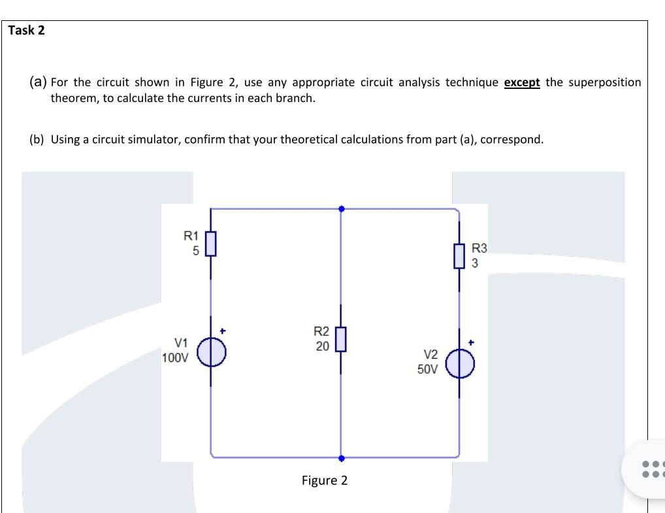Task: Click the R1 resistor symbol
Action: tap(210, 244)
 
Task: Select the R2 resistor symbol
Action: tap(340, 339)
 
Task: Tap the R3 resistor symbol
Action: tap(459, 256)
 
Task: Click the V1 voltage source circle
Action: tap(211, 352)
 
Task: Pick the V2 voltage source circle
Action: tap(460, 364)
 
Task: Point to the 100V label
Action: tap(175, 358)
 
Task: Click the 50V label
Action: tap(429, 369)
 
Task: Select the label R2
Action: tap(321, 332)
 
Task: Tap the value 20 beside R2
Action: tap(322, 346)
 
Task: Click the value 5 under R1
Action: tap(195, 250)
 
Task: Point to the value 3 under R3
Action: tap(475, 263)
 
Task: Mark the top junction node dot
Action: tap(341, 209)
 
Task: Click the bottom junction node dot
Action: tap(341, 458)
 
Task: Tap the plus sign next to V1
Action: tap(223, 331)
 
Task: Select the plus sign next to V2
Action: tap(471, 342)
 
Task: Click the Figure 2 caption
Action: tap(325, 481)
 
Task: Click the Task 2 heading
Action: tap(27, 30)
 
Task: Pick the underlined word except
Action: tap(522, 82)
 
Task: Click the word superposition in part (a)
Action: tap(606, 82)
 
